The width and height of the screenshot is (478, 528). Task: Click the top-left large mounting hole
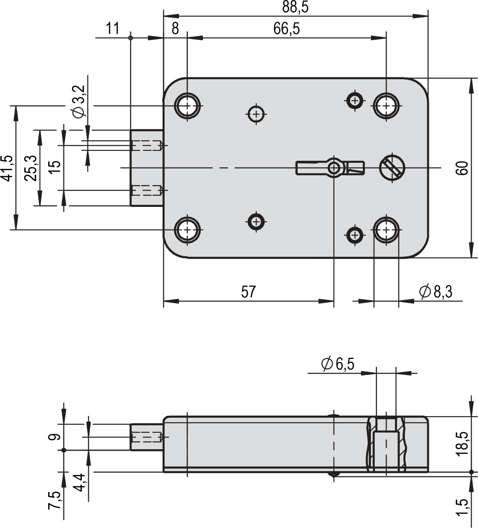point(188,106)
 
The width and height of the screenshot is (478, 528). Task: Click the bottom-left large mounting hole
point(188,230)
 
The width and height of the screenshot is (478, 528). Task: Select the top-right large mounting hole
point(386,106)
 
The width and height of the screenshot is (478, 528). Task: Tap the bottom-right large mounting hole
point(386,230)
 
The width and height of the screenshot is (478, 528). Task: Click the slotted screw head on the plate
point(392,167)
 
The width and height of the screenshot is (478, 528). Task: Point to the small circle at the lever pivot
point(334,168)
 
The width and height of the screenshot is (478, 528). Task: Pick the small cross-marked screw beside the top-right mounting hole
point(355,100)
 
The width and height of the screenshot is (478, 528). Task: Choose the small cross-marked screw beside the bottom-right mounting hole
point(355,235)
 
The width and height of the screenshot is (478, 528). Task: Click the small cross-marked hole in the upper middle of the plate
point(256,114)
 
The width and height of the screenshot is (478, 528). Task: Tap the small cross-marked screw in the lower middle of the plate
point(256,221)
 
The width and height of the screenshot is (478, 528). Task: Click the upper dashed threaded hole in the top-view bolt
point(147,146)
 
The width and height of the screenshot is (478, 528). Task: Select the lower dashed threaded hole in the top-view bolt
point(147,190)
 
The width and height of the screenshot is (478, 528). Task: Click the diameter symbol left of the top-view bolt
point(79,113)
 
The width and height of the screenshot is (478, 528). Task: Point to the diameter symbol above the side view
point(327,363)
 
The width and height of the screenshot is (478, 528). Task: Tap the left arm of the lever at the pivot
point(310,168)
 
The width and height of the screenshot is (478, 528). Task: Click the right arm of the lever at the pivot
point(355,167)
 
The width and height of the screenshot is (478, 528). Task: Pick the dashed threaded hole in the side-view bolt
point(147,437)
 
